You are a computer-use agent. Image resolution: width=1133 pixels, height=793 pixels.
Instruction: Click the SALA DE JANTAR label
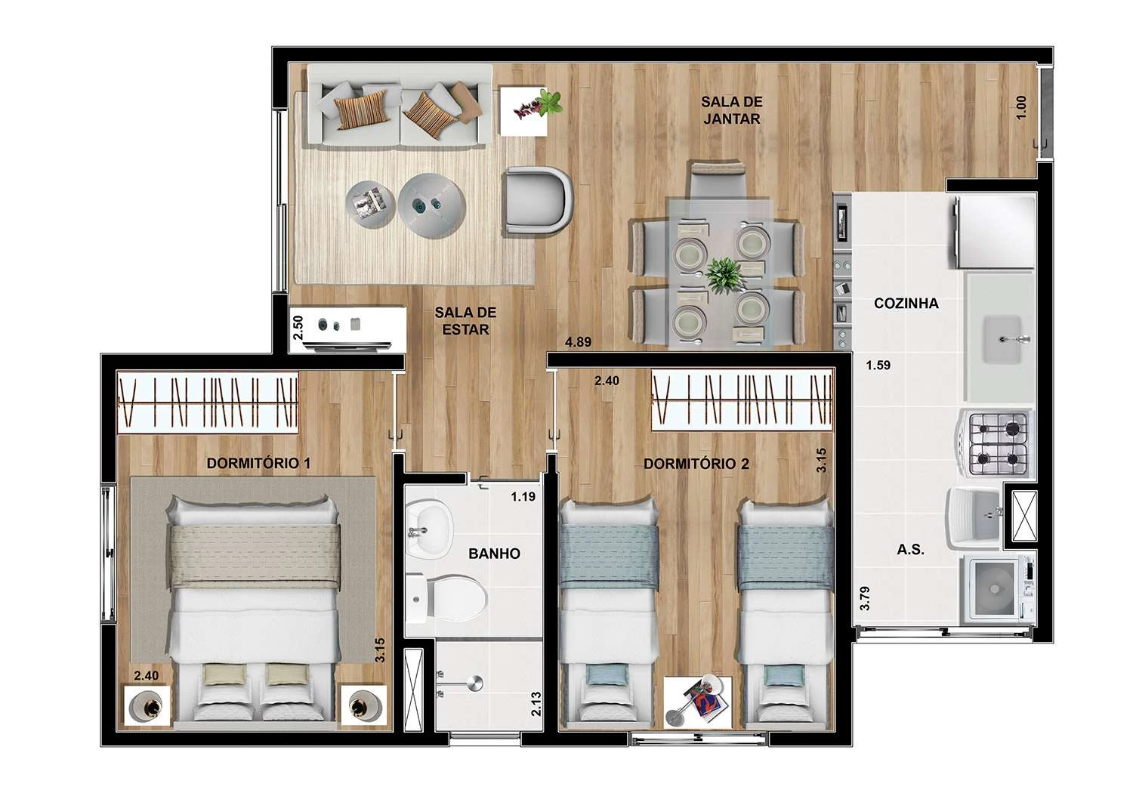coord(730,110)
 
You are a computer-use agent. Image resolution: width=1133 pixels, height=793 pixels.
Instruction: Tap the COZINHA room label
coord(906,304)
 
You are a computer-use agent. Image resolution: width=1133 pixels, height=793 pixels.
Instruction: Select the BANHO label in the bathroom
coord(494,554)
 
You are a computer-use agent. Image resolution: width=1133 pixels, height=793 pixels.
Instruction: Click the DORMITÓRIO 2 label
coord(696,464)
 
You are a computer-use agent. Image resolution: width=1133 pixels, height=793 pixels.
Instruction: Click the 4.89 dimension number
coord(578,342)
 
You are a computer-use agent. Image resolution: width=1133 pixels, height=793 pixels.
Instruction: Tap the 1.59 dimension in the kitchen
coord(878,366)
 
